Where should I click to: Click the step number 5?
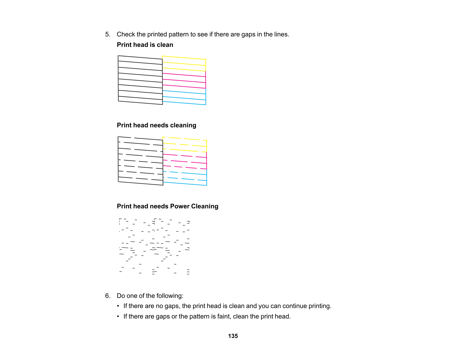point(107,34)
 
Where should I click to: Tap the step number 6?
point(107,296)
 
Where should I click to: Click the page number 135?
point(233,336)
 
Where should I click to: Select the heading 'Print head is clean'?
point(145,45)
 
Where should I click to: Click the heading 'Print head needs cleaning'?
point(156,125)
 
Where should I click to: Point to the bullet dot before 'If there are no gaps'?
point(118,306)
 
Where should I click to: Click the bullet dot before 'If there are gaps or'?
point(118,317)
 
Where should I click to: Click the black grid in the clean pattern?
point(140,80)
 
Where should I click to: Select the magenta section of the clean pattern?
point(184,80)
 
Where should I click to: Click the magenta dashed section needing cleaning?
point(185,161)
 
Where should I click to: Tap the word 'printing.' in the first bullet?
point(320,306)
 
